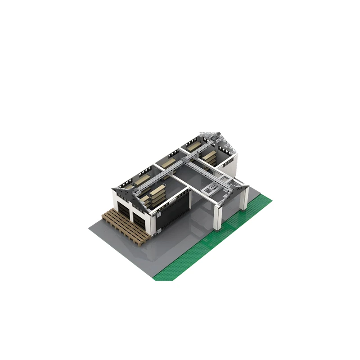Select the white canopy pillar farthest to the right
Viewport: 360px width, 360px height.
tap(244, 198)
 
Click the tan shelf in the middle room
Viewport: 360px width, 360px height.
tap(169, 163)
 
